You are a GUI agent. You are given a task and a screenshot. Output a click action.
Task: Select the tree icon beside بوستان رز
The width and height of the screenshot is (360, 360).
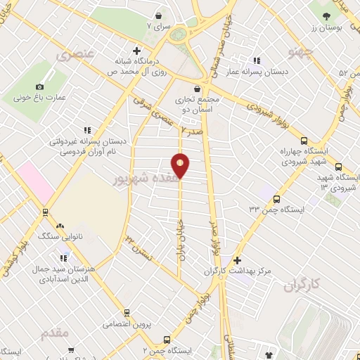click(327, 16)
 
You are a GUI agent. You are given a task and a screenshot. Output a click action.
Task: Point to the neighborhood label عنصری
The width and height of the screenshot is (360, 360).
click(73, 53)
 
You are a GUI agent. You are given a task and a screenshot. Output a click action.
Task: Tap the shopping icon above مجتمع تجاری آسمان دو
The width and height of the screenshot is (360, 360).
click(195, 89)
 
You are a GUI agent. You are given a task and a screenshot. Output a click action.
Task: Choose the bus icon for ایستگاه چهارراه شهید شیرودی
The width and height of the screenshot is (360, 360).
click(303, 141)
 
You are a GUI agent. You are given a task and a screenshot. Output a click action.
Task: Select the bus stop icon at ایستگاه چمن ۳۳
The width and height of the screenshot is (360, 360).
click(276, 198)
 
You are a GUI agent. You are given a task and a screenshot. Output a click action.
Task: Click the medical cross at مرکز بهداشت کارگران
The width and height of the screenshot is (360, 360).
click(237, 260)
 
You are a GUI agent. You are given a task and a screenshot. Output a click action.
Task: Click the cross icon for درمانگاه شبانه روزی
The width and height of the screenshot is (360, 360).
click(136, 51)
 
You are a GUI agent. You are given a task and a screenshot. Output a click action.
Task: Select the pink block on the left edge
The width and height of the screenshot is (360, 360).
click(35, 181)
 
